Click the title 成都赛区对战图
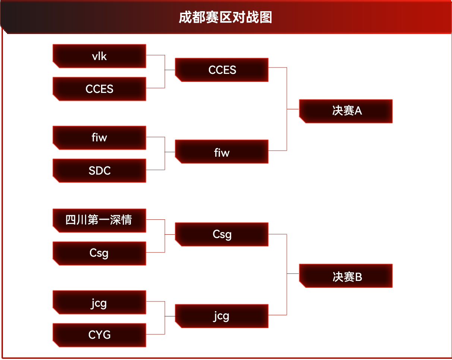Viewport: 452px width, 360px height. point(225,18)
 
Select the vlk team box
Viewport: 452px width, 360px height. point(99,56)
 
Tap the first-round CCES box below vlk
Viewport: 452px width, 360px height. point(99,89)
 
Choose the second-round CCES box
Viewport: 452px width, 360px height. point(222,70)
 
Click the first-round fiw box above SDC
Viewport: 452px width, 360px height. point(99,138)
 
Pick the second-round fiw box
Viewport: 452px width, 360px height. point(222,152)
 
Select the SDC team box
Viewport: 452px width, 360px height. point(99,170)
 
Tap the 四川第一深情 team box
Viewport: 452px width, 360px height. point(99,220)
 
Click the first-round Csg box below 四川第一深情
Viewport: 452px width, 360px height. point(99,253)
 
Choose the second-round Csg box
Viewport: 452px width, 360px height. point(222,234)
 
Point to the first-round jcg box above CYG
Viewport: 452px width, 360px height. point(99,302)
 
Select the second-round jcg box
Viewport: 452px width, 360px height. point(222,316)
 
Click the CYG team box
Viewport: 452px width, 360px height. point(99,335)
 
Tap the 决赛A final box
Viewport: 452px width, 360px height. point(346,111)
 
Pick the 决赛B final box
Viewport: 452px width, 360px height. point(346,276)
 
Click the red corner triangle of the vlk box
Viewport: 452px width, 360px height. point(55,65)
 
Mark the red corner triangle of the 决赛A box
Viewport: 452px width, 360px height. point(302,120)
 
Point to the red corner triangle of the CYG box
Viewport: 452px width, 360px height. point(55,344)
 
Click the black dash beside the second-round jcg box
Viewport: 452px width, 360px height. point(170,316)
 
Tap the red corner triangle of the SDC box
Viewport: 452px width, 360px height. point(55,180)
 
